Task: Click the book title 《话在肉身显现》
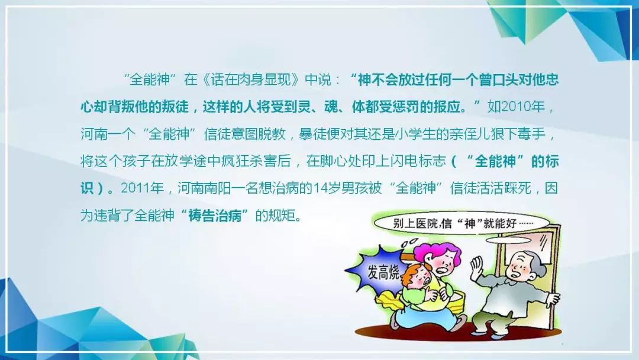251,79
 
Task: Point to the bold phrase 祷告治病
215,216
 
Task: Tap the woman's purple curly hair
436,253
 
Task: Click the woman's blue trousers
424,316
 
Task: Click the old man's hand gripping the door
553,299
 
